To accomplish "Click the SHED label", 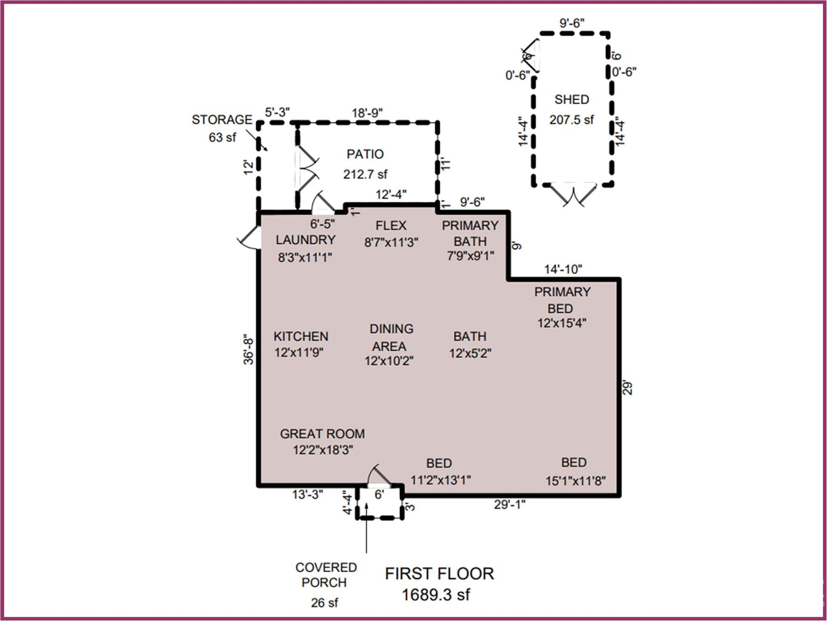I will (x=571, y=99).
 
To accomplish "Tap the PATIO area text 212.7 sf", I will (x=365, y=174).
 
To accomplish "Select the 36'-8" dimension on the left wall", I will (x=248, y=349).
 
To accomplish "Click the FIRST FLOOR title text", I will (x=439, y=574).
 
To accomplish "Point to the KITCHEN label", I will (x=301, y=336).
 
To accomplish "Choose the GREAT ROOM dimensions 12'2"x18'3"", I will (x=323, y=450).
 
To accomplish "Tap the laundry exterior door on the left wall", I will (x=248, y=238).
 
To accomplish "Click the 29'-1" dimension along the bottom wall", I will (x=509, y=505).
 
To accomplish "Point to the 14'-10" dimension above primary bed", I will (x=563, y=269).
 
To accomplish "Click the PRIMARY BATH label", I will (x=470, y=233).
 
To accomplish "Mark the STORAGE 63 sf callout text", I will (x=222, y=129).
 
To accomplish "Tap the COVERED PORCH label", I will (x=326, y=575).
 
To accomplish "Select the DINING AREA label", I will (x=391, y=338).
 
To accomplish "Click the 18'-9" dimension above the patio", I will (x=367, y=113).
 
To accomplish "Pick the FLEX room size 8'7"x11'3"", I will (x=391, y=243).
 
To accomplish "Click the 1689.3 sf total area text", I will (x=436, y=595).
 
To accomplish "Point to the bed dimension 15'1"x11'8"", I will (x=575, y=481).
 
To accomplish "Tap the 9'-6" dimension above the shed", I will (x=572, y=23).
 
